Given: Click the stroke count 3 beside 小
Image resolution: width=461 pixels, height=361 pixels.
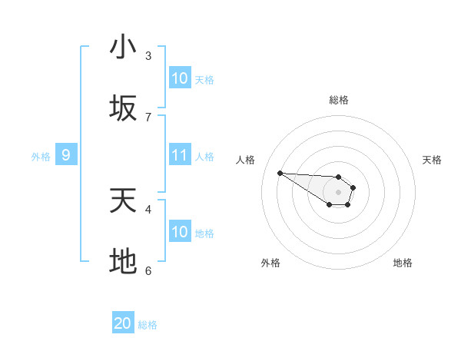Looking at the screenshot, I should pos(148,55).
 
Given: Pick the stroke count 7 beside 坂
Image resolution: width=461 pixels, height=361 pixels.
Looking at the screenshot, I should pos(148,117).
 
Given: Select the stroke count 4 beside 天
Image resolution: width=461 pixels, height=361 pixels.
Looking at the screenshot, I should pos(148,208).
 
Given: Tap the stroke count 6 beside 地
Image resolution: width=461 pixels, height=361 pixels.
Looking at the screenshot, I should pos(148,270).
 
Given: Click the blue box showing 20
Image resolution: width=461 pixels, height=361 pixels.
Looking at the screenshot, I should pos(123,323).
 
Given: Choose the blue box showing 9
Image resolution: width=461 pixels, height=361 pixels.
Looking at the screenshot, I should pos(66,155).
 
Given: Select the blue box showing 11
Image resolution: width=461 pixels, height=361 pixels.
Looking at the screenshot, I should pos(180,155).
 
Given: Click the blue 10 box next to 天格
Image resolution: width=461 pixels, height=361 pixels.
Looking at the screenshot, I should pos(180,78).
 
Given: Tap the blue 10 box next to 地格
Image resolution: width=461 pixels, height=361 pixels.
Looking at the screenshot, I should pos(180,232).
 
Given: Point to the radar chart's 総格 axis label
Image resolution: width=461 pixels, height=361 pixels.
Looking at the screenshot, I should pos(339,100).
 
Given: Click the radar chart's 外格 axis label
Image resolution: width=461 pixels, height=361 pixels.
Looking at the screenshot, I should pos(270,263).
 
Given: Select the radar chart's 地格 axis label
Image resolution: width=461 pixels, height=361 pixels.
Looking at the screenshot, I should pos(403,263).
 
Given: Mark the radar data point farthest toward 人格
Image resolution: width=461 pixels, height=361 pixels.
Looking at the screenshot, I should pos(280,173).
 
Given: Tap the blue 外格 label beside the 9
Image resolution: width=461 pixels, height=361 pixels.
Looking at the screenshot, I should pos(41,156).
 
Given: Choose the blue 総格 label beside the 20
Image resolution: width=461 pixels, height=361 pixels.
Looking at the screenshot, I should pos(148,325).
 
